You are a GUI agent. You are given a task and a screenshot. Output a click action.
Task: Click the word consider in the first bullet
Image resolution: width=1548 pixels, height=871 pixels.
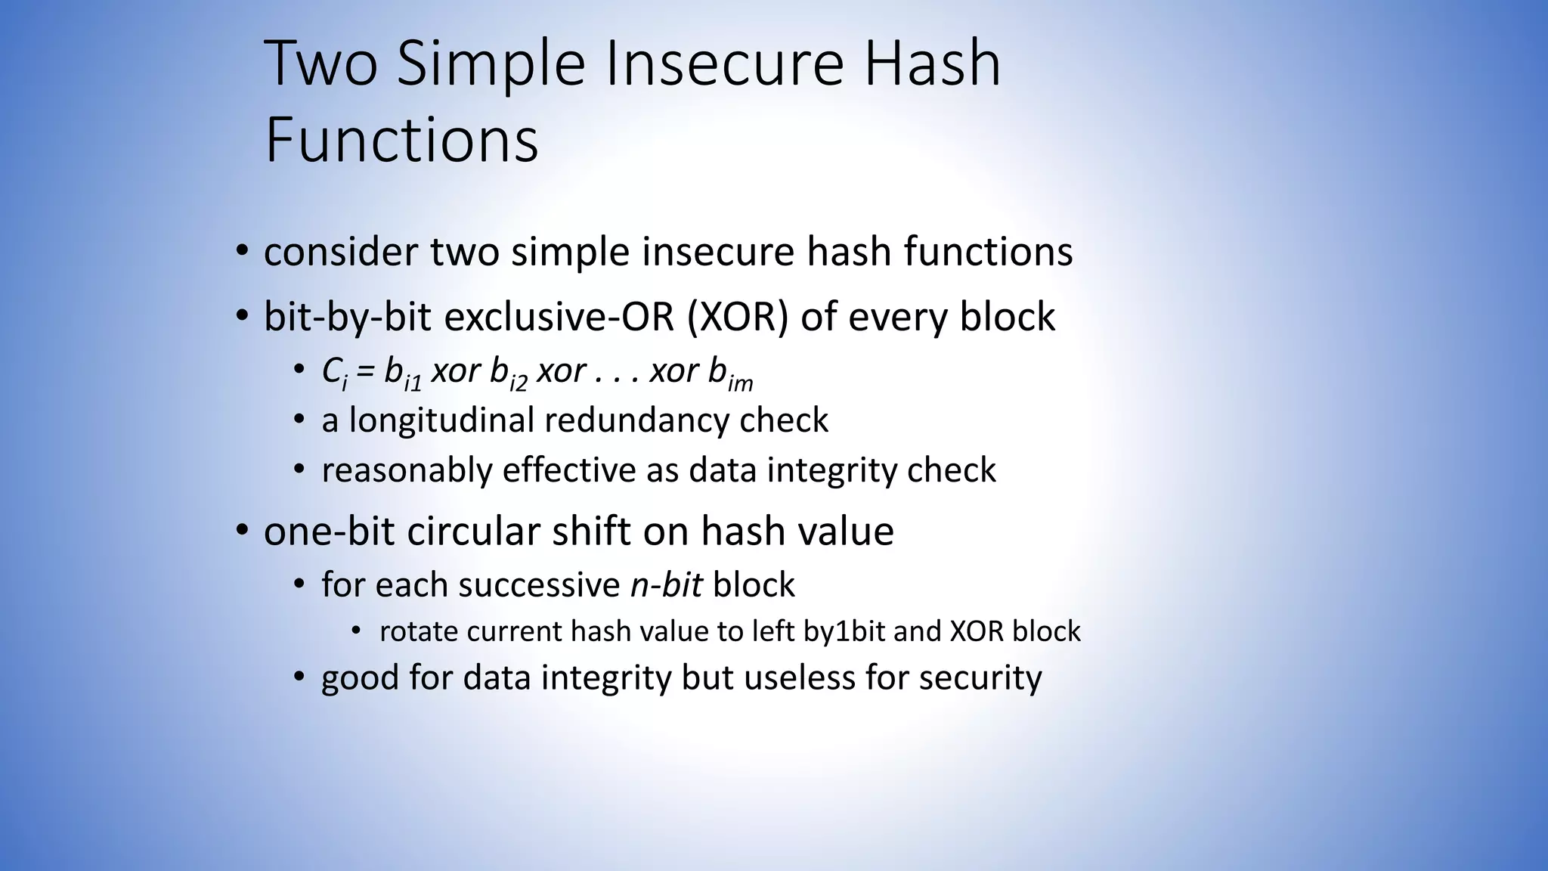[x=340, y=252]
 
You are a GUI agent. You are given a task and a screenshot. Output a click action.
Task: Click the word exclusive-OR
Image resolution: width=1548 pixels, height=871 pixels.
[x=559, y=316]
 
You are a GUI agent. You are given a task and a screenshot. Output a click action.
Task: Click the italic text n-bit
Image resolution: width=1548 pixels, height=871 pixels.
[x=666, y=585]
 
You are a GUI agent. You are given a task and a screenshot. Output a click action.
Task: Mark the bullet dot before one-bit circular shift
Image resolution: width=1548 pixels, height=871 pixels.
[x=241, y=531]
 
